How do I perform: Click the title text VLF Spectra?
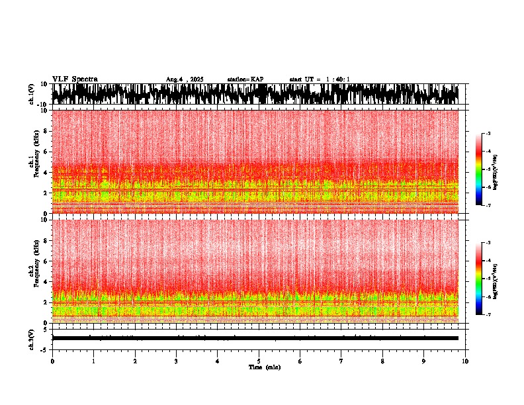click(75, 79)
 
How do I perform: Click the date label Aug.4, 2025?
click(185, 79)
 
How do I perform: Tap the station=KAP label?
click(245, 79)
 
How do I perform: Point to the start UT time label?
click(320, 79)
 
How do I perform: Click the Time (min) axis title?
click(264, 367)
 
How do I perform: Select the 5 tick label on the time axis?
click(259, 361)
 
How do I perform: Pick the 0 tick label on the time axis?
click(52, 361)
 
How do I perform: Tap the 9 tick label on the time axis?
click(424, 361)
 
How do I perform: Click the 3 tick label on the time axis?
click(176, 361)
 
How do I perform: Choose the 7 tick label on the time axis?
click(341, 361)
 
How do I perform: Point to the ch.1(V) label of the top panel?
click(32, 94)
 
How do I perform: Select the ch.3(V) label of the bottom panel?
click(32, 338)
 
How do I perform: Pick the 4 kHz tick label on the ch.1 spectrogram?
click(46, 173)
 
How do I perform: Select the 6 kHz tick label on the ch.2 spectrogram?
click(46, 261)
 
